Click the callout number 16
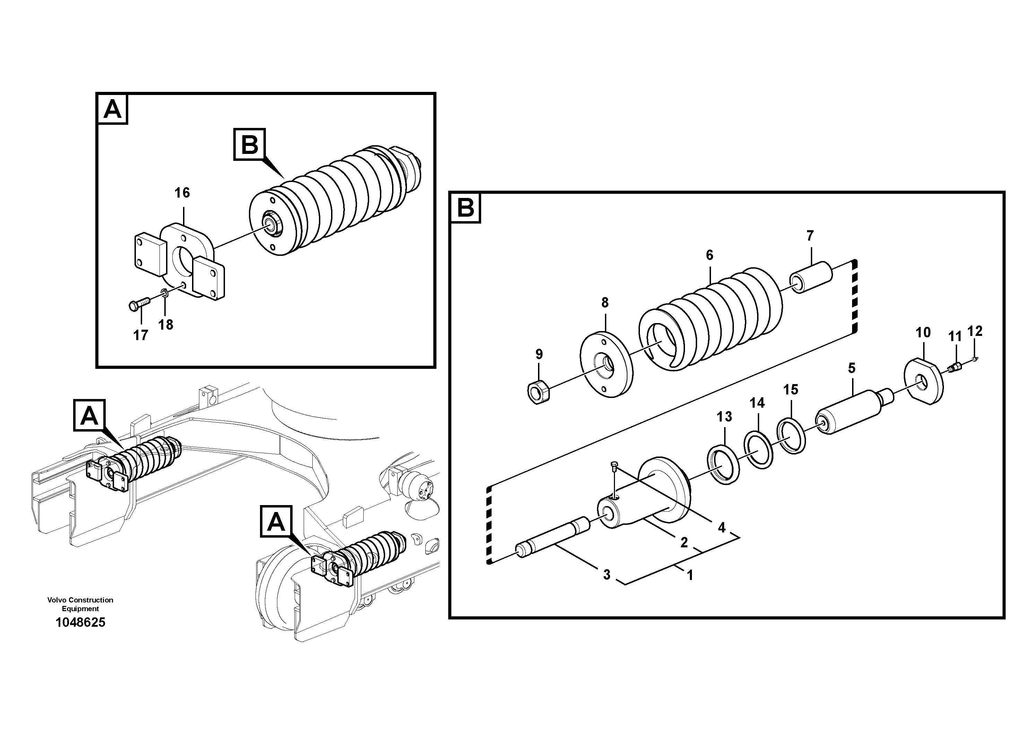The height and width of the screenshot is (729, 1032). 182,193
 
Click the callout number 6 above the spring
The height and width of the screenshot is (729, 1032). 709,255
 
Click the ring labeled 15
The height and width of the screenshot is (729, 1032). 791,435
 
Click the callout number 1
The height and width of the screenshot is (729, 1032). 690,575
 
